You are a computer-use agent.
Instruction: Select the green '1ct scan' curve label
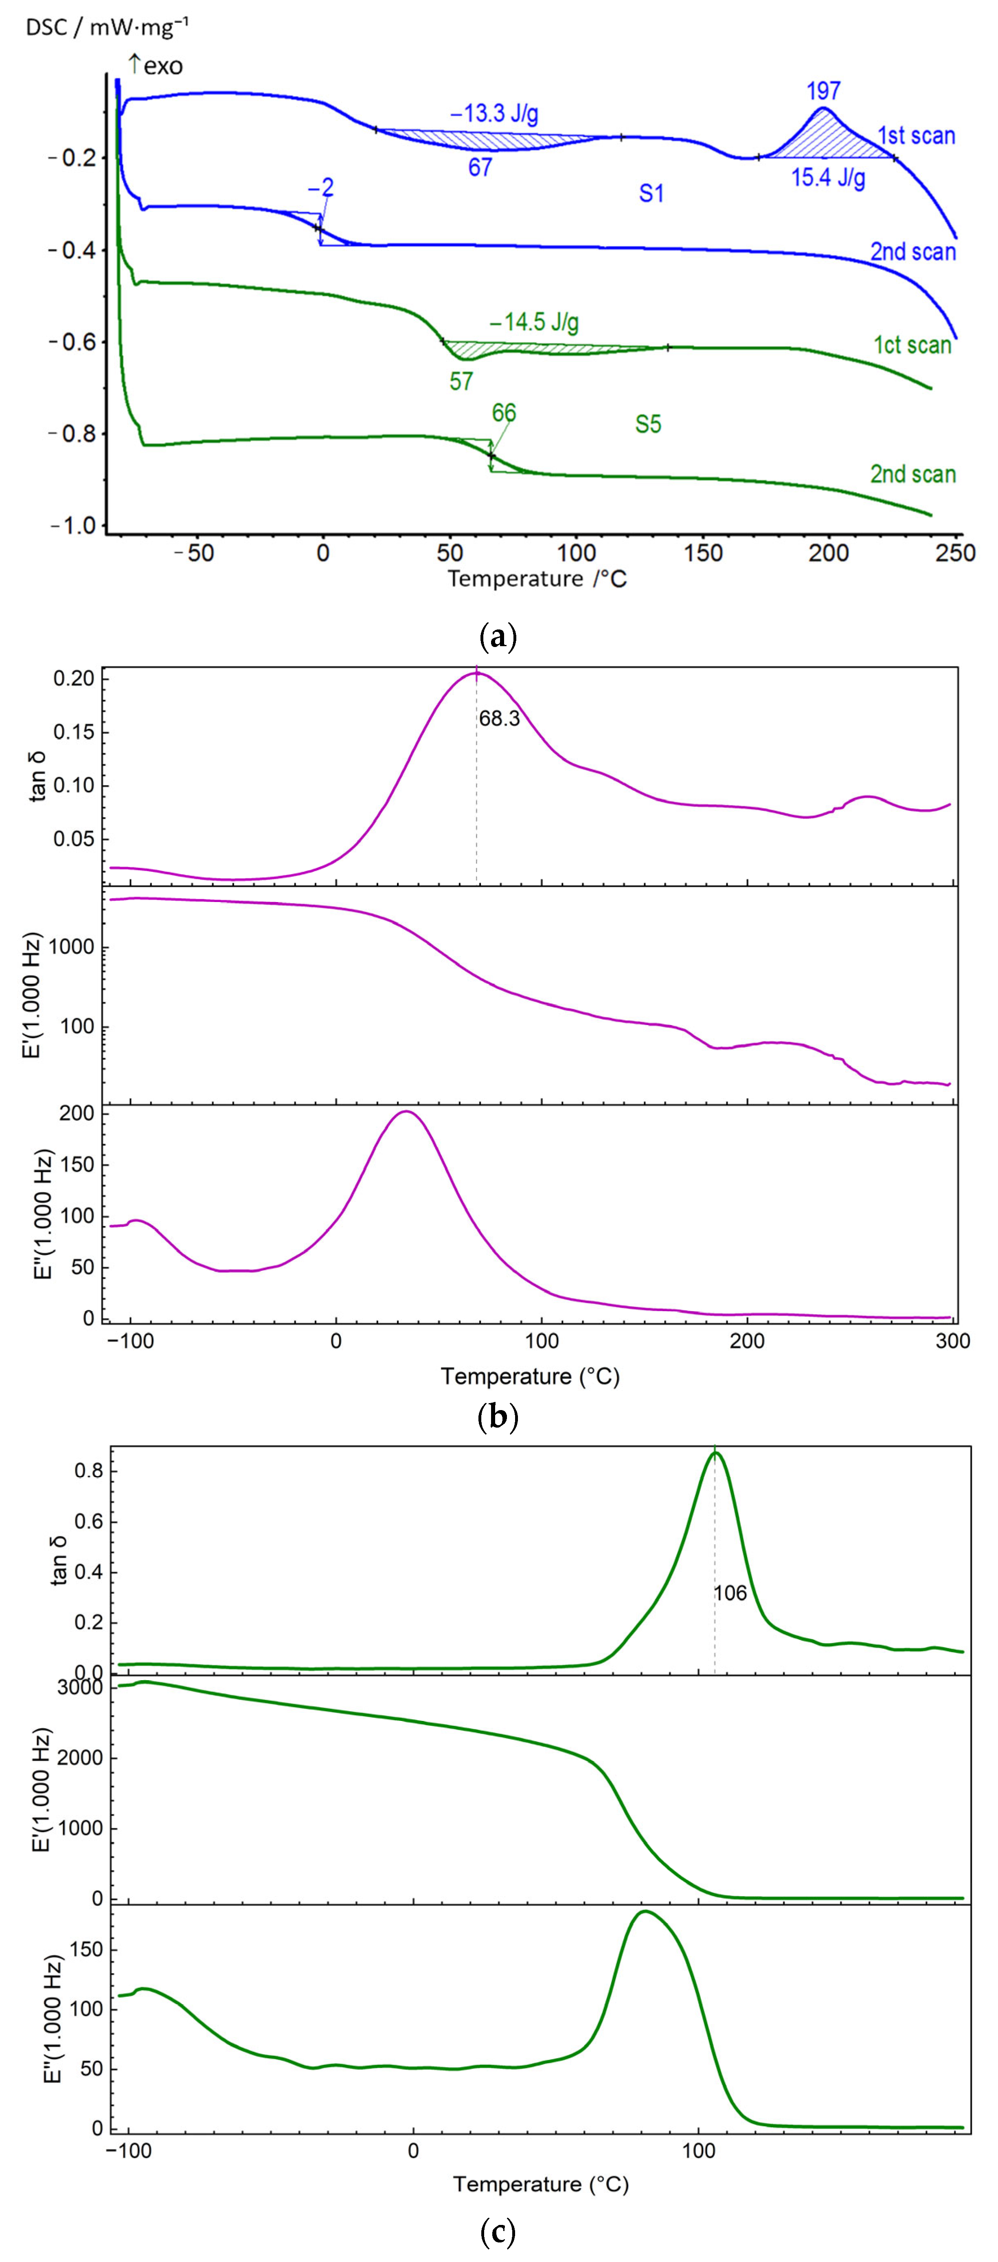pos(912,345)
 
